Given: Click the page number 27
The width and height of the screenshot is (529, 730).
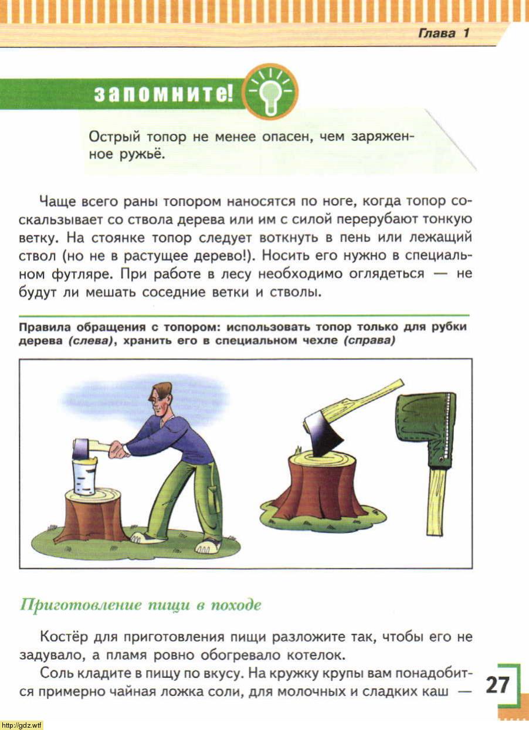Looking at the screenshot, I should coord(497,684).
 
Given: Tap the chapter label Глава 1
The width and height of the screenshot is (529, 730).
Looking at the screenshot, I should coord(443,33).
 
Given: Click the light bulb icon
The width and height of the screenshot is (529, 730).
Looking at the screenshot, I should coord(270,92).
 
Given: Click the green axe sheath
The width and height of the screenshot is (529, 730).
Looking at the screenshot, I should coord(426,428).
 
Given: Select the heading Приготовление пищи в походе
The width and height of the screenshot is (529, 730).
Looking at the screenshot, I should coord(140,605).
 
